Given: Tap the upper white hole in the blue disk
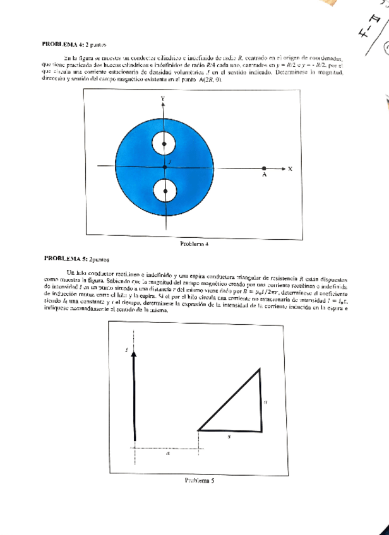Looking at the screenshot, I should point(164,144).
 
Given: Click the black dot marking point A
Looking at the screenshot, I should point(264,168).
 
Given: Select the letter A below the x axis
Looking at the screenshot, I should point(264,177).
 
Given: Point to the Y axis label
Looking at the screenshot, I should point(162,99).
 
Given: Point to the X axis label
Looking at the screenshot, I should point(290,168).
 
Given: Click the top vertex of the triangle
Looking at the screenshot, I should point(260,370).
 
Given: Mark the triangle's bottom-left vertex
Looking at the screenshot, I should point(198,430).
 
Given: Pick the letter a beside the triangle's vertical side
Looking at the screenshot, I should point(266,401).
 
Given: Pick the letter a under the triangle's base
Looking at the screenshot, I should point(229,435).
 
